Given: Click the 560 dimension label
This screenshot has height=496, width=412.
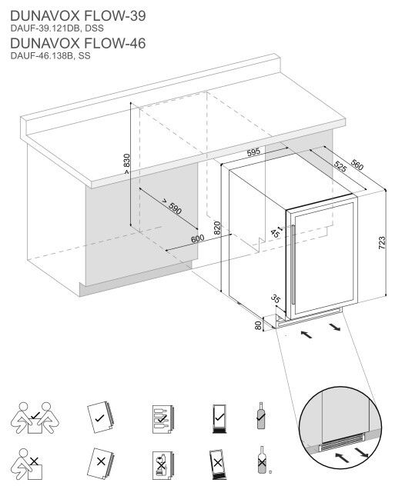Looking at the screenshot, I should point(357,163).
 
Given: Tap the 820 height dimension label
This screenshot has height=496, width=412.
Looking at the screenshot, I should point(217,228).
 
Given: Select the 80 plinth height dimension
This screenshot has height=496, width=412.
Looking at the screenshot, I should point(258,325).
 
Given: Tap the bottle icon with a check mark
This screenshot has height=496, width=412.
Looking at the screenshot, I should point(260,416).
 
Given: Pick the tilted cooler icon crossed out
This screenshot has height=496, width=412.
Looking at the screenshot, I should point(216,464).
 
